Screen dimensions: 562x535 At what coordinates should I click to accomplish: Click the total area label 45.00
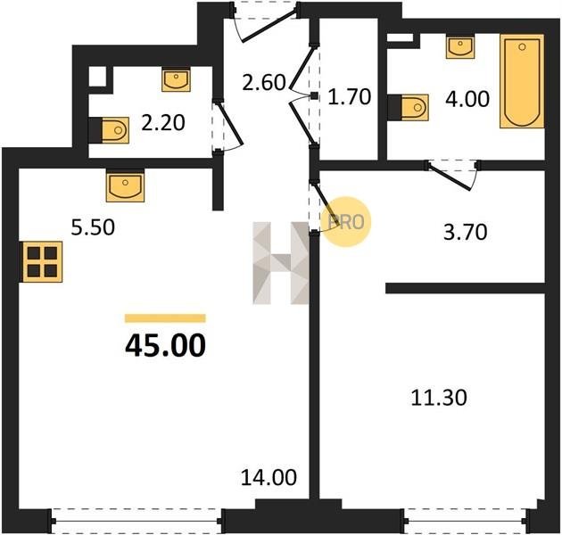point(166,345)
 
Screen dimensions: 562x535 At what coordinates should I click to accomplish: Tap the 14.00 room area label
point(269,477)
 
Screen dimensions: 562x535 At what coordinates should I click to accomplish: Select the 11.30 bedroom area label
point(439,398)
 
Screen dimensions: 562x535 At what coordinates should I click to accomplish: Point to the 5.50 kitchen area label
point(93,227)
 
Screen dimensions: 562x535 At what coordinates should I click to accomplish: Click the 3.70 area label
point(466,232)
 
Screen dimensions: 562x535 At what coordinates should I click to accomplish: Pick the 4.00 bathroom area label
point(467,99)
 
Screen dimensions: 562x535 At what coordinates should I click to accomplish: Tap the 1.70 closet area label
point(350,97)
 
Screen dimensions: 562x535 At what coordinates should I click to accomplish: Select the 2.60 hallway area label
point(264,82)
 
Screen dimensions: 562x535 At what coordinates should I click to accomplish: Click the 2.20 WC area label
point(163,123)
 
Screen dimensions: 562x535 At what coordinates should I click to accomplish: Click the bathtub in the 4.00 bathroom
point(522,81)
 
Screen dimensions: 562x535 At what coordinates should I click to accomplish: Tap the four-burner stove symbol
point(42,262)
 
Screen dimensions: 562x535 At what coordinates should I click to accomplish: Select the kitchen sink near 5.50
point(125,185)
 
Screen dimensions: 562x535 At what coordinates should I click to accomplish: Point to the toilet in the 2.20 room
point(109,130)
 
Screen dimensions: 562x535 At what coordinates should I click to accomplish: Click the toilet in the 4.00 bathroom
point(409,107)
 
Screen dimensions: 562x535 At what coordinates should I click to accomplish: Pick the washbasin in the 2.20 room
point(176,79)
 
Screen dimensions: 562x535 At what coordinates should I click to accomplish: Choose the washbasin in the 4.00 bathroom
point(460,46)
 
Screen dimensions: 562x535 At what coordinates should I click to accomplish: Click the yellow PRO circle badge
point(347,221)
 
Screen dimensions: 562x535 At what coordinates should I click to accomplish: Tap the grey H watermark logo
point(281,263)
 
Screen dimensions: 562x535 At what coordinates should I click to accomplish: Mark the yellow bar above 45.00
point(165,318)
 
